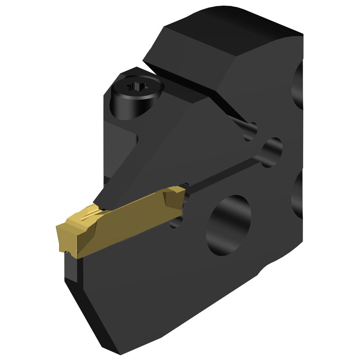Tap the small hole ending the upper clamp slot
(251, 130)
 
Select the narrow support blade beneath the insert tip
(70, 270)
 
